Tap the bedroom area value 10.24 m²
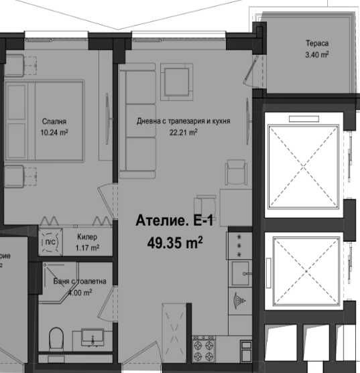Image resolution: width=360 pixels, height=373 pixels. pos(55,132)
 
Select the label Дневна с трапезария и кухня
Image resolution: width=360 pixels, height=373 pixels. pos(182,122)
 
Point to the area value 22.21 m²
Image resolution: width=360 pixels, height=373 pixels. pos(183,132)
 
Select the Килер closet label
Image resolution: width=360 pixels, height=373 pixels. pos(87,238)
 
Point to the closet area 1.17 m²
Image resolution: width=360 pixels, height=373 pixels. pos(87,248)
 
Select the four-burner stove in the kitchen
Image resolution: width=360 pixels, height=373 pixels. pos(204,347)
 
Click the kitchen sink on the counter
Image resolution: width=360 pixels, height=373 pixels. pos(241,273)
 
